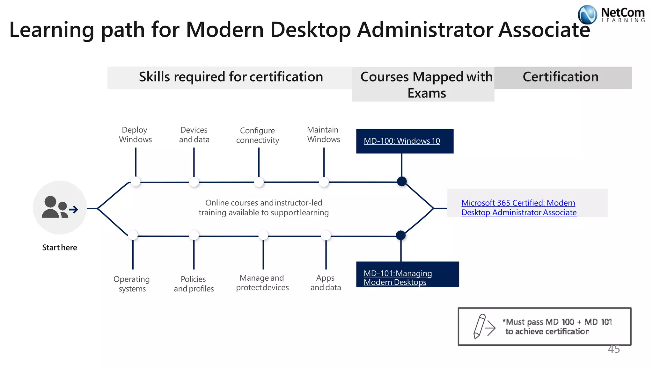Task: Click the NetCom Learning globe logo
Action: click(587, 15)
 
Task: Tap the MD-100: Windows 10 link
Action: click(402, 141)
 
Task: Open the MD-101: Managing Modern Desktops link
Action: click(398, 277)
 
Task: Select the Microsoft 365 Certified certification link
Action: click(519, 207)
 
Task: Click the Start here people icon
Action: click(60, 208)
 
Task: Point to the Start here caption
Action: click(60, 248)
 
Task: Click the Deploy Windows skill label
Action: click(135, 134)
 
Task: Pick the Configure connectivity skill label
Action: click(258, 135)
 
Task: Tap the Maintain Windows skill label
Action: click(323, 134)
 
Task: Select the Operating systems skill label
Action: click(132, 284)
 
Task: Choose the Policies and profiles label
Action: click(194, 284)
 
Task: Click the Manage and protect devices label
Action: click(262, 283)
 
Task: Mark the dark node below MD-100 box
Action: click(402, 181)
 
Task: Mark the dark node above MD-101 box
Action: click(401, 235)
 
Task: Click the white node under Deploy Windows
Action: click(136, 182)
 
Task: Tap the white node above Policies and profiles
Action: click(194, 235)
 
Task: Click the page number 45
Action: click(614, 349)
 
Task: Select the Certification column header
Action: click(561, 77)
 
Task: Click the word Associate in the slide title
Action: click(544, 30)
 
